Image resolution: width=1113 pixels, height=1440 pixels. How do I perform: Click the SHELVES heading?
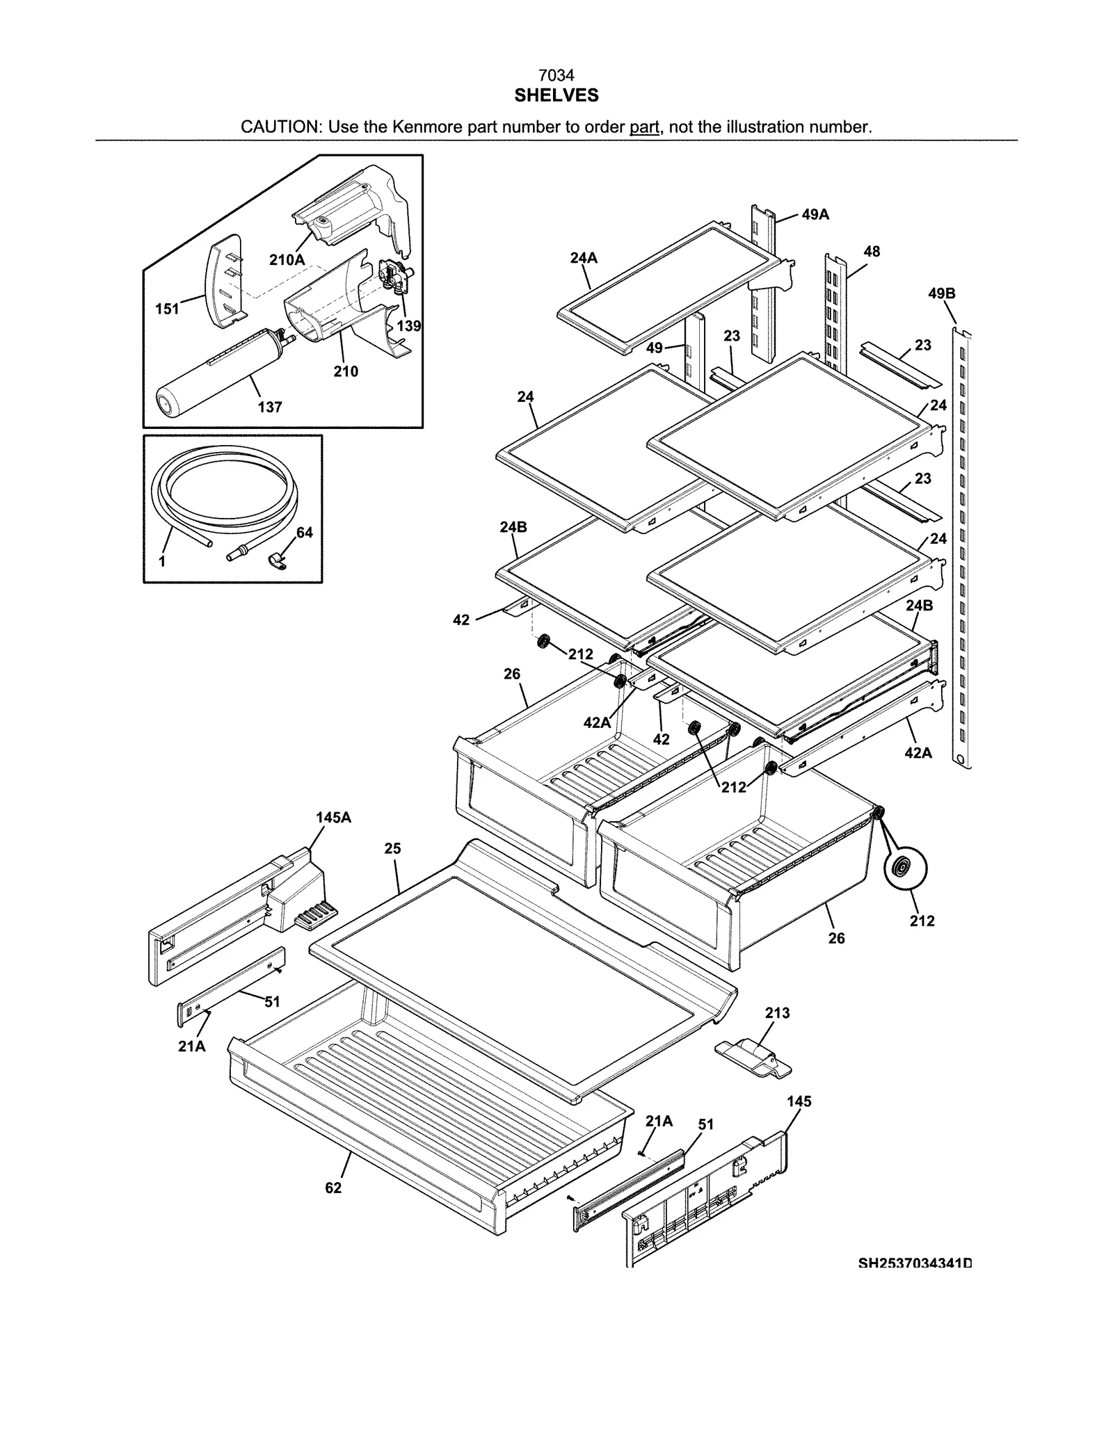pos(556,96)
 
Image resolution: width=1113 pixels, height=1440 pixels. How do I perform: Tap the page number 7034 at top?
pos(556,75)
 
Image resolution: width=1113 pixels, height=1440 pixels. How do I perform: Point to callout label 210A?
pos(287,260)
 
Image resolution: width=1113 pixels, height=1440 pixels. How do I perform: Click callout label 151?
pos(167,309)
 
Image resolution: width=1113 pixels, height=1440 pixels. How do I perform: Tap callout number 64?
pos(304,533)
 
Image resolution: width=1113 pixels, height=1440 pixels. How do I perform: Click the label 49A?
pos(815,215)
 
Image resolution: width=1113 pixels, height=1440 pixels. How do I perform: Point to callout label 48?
pos(872,252)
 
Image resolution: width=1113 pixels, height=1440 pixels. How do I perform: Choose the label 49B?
pos(941,293)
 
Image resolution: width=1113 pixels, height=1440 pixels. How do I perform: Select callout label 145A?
pos(333,818)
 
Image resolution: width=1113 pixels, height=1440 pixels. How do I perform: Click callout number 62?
pos(333,1188)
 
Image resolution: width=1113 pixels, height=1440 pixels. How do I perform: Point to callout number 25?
pos(392,848)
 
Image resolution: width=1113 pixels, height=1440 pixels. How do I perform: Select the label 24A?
pos(584,258)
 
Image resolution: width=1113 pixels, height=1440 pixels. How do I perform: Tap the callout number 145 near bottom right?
pos(799,1101)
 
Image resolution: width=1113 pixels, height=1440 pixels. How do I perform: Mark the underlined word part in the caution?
pos(644,127)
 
